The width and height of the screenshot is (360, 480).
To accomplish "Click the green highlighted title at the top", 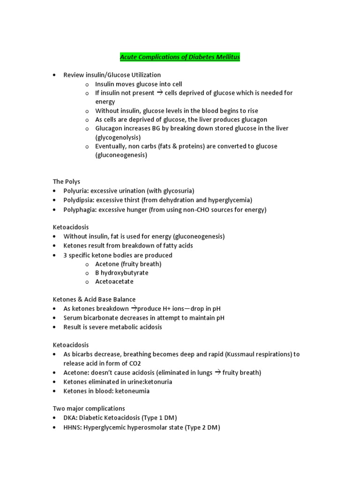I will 180,57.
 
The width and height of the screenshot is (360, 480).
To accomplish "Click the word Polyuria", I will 76,191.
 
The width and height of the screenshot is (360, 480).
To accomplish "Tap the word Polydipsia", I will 79,200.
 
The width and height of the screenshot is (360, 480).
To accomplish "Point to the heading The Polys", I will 66,181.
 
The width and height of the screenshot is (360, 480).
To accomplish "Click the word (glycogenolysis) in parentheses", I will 118,137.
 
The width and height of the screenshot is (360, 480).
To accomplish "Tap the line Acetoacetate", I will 114,282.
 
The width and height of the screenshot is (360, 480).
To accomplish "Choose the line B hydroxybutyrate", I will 121,273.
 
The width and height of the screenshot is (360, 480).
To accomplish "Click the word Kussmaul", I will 226,354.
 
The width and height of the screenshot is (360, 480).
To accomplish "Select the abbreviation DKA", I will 70,418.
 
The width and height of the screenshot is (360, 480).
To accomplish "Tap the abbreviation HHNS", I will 72,427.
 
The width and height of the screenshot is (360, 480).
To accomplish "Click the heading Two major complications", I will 89,408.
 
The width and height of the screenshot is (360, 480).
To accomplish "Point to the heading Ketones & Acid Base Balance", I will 94,300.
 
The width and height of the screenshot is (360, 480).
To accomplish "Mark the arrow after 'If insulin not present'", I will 159,93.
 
